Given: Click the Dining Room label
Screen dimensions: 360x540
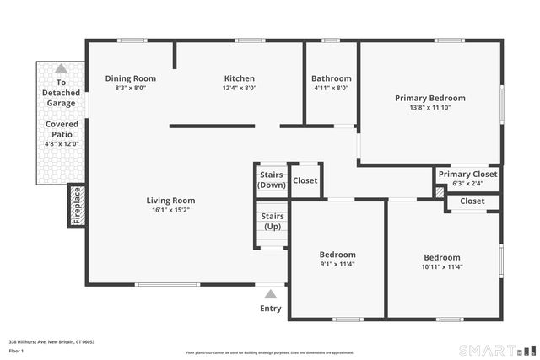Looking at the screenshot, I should pos(130,78).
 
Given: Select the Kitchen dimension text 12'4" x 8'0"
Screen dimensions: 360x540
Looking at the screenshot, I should pos(240,88).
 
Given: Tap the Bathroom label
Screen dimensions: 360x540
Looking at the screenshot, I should pos(331,78).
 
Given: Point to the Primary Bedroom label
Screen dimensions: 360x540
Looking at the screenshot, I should pos(429,98).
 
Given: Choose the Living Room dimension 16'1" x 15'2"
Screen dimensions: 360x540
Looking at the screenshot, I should pos(170,210).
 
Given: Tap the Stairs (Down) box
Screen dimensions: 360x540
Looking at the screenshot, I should pos(272,180).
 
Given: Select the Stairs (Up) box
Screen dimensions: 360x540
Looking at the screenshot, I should pos(272,222).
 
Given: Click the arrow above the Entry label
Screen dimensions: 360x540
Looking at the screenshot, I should pos(270,294).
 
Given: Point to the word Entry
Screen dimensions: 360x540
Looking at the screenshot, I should pos(270,308).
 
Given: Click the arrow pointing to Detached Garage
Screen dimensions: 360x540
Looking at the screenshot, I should pos(61,68).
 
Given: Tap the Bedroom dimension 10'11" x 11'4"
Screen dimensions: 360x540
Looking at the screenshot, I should pos(442,267).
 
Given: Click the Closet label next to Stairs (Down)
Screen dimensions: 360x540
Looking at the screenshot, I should pos(305,180).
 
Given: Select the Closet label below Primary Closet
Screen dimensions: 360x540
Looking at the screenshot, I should pos(472,201).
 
